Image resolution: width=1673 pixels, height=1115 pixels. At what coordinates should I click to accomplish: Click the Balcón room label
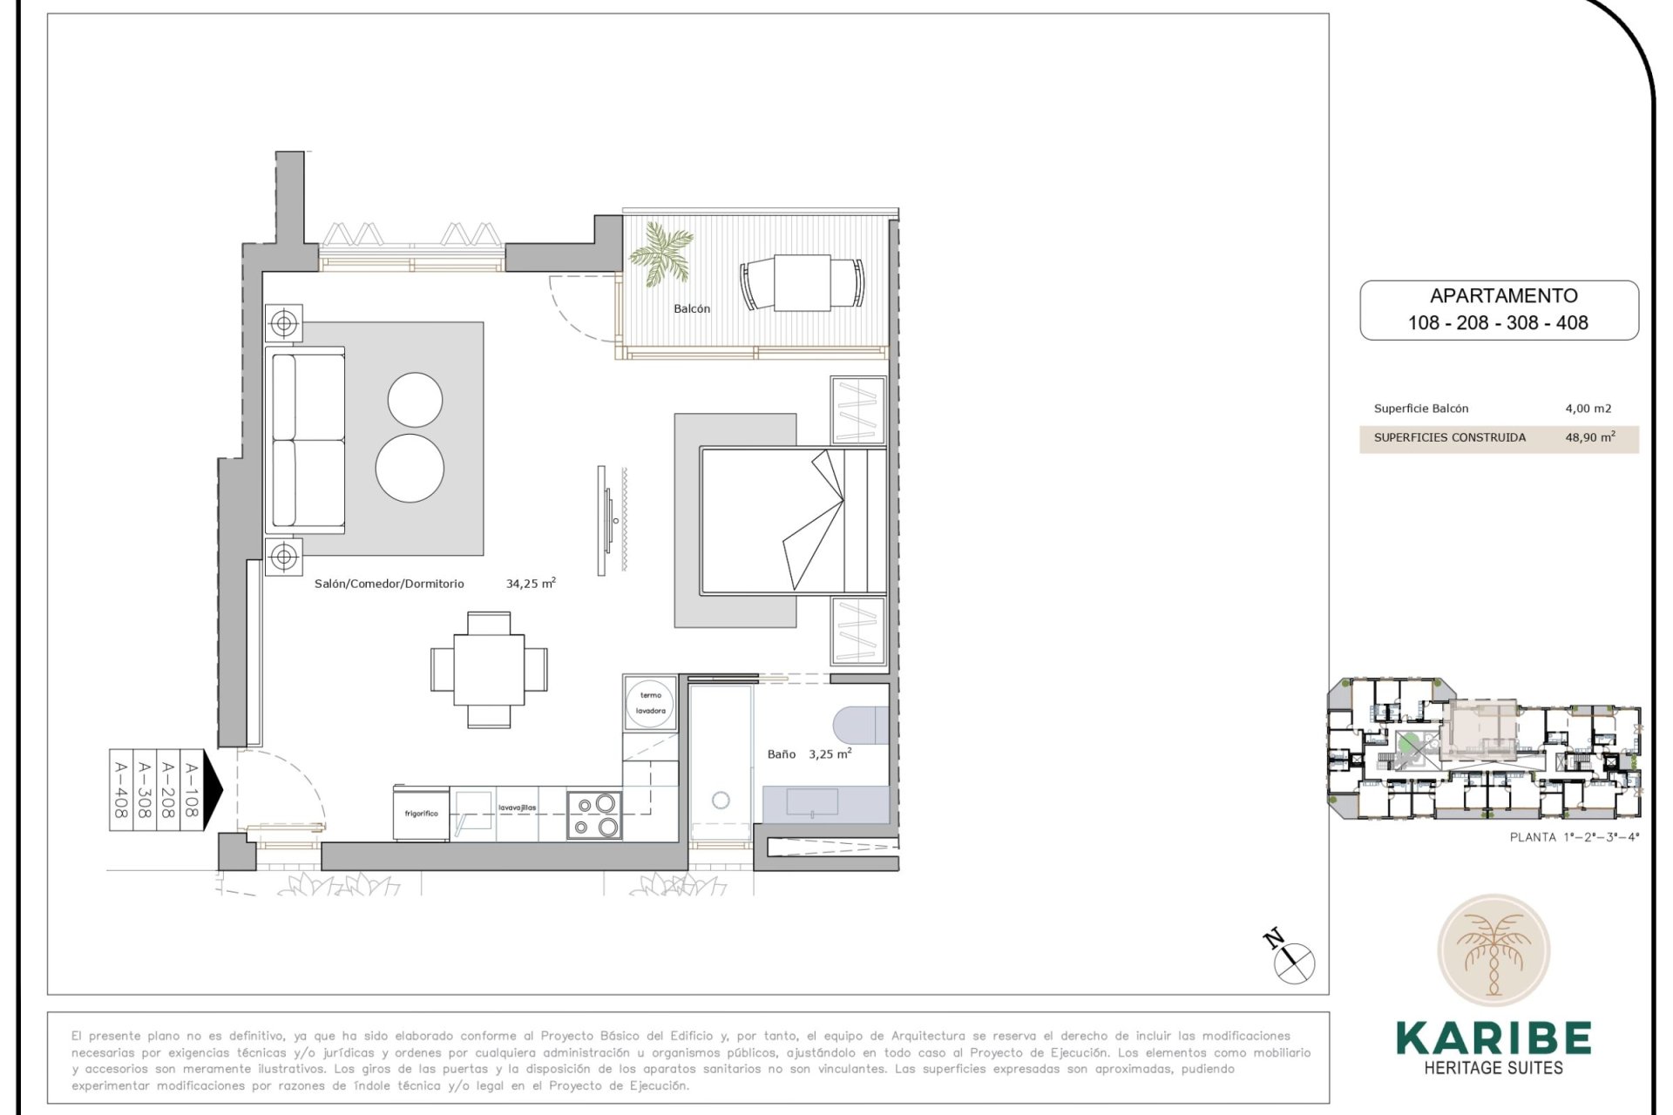pos(692,308)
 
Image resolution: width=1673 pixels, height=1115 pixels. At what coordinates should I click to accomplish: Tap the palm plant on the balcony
pos(661,253)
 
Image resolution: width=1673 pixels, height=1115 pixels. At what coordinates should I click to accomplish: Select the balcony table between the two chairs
pos(803,282)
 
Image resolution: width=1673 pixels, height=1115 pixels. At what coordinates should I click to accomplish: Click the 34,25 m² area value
pos(531,584)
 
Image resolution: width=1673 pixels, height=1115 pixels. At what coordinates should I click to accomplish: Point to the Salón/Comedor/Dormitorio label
pos(389,584)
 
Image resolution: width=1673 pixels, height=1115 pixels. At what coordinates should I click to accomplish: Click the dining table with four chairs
pos(489,670)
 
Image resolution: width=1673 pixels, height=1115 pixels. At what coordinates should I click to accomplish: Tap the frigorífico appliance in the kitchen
pos(422,814)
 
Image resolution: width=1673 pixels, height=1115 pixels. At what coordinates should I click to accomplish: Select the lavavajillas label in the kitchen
pos(518,808)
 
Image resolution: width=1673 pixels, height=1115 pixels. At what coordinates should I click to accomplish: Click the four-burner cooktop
pos(594,815)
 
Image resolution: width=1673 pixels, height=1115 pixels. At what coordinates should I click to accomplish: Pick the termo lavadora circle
pos(651,703)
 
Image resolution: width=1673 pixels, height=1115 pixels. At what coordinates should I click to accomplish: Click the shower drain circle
pos(721,800)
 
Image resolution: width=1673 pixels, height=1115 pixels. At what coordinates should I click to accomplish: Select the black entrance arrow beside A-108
pos(213,789)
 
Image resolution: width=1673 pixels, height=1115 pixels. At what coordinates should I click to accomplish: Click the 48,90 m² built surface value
pos(1589,437)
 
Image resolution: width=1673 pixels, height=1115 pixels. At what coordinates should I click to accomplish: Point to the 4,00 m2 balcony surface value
pos(1588,409)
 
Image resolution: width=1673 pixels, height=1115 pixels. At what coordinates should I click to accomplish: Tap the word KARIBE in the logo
pos(1494,1037)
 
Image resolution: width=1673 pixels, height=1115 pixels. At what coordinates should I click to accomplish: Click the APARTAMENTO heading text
pos(1503,296)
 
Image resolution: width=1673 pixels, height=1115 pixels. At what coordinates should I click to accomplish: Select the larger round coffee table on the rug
pos(410,468)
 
